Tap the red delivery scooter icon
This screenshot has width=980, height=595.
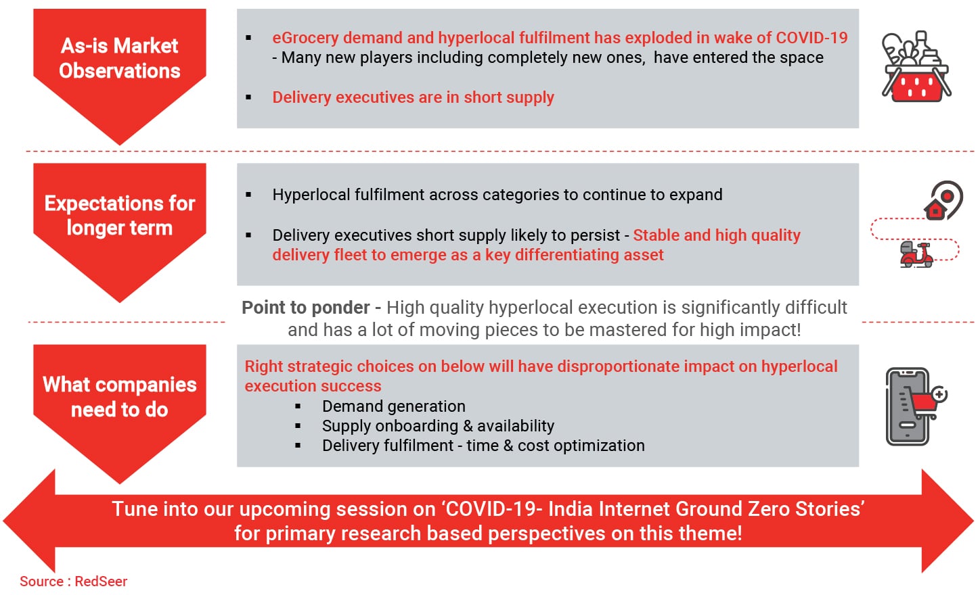(916, 254)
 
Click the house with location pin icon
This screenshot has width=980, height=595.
(943, 200)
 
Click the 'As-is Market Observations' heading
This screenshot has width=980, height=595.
(119, 58)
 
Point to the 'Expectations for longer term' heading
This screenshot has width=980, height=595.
(119, 216)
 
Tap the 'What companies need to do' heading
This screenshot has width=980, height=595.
(119, 397)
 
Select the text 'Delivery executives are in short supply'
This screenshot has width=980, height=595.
(413, 97)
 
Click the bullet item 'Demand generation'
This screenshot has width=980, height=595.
(394, 406)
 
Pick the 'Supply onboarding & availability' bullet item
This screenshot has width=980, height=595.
(438, 426)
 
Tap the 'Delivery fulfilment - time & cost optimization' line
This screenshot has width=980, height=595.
(483, 446)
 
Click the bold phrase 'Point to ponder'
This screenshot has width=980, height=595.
(305, 308)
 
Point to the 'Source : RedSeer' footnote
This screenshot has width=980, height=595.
(74, 581)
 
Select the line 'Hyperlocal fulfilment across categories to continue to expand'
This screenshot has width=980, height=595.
(497, 195)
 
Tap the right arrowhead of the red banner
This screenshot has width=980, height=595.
(948, 521)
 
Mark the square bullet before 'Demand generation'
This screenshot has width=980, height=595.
(298, 406)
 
